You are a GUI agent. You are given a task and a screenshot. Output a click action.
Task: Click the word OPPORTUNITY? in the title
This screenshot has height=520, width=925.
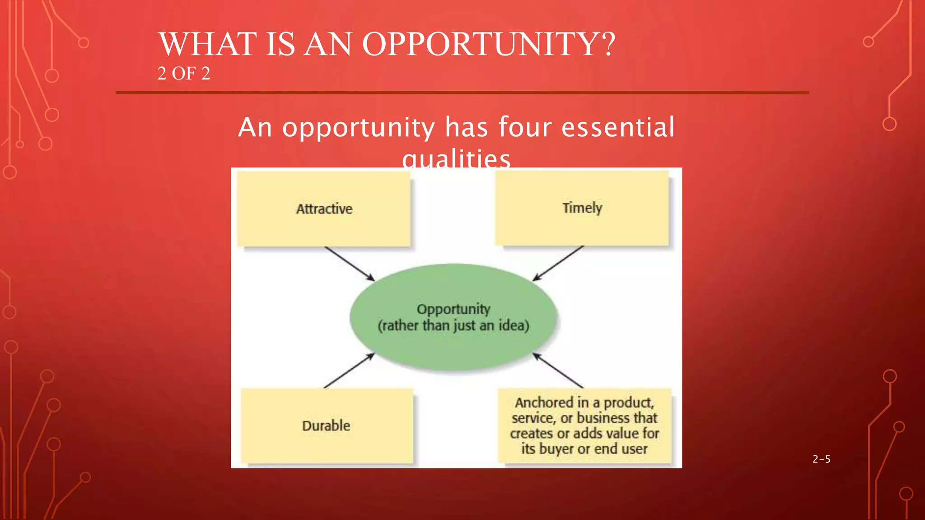489,44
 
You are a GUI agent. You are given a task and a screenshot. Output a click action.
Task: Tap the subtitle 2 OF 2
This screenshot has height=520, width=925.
184,74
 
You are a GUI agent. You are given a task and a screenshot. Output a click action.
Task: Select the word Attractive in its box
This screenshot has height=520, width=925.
324,209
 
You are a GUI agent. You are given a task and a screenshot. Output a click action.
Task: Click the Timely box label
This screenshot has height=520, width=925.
582,208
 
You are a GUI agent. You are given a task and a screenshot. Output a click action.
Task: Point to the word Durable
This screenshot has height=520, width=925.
326,425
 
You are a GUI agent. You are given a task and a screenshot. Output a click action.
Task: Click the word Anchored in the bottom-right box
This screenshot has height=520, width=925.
544,402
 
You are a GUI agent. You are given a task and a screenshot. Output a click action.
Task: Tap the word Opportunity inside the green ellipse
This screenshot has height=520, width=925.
453,309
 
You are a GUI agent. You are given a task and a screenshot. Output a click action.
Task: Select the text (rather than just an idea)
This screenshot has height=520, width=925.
453,325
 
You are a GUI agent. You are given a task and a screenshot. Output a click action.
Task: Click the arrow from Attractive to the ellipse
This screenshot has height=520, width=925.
349,264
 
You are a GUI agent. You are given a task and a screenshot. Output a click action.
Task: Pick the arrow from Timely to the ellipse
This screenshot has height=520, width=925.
558,263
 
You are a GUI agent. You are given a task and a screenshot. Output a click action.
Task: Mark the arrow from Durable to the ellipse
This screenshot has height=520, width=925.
349,371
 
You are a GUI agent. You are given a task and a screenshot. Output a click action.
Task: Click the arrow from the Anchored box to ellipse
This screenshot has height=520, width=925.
558,371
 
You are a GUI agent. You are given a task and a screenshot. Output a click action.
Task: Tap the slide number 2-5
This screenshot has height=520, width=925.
821,459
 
